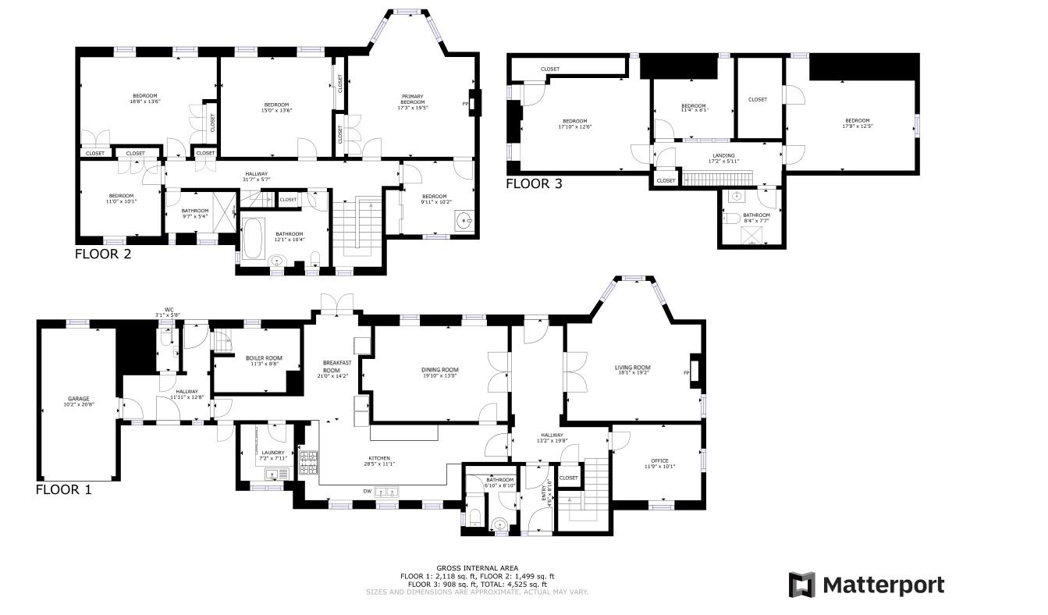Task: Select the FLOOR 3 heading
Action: (534, 184)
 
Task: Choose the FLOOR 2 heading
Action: (102, 254)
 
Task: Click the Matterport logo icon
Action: (801, 585)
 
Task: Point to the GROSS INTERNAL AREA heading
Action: (477, 568)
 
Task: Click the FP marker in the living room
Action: (687, 372)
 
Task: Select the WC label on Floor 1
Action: (168, 310)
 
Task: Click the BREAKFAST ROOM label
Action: (339, 366)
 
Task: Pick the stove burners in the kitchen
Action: (308, 462)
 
